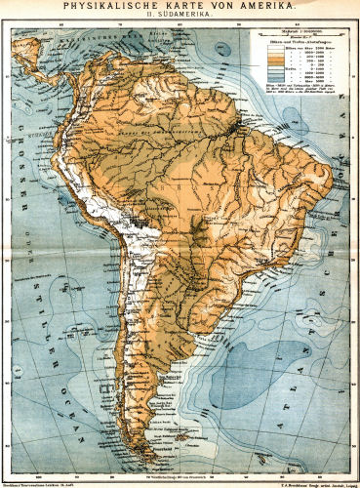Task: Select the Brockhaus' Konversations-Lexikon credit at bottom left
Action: pyautogui.click(x=44, y=482)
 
